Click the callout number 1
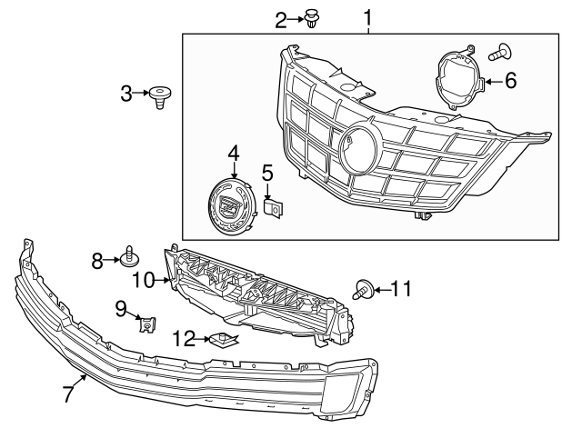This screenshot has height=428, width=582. [368, 17]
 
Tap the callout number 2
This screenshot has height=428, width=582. [281, 17]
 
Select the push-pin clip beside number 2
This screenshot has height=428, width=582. [315, 18]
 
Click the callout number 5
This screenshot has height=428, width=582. [267, 171]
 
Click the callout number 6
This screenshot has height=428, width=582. [510, 81]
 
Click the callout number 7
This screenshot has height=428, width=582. [66, 395]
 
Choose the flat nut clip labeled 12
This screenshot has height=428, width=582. [223, 341]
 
